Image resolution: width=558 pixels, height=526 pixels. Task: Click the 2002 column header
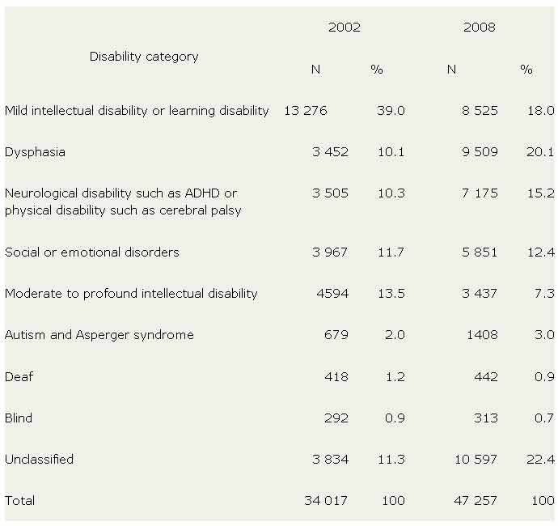tap(344, 28)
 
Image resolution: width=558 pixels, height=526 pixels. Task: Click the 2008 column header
tap(479, 28)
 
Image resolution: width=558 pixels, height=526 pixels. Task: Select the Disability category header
tap(144, 57)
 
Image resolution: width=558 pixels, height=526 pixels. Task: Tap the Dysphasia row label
tap(35, 152)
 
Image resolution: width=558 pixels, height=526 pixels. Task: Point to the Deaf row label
tap(19, 377)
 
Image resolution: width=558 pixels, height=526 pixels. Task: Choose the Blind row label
tap(19, 418)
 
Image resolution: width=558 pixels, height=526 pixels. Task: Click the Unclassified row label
tap(39, 460)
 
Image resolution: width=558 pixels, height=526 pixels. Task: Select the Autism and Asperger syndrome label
tap(99, 335)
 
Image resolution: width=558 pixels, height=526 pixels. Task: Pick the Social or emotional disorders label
tap(92, 252)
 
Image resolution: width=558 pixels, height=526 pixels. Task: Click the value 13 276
tap(305, 111)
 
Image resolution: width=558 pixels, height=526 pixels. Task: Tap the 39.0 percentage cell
tap(391, 111)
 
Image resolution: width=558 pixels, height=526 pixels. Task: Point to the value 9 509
tap(478, 152)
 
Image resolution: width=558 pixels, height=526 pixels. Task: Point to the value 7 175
tap(478, 193)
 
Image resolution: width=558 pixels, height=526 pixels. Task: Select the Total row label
tap(20, 501)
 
